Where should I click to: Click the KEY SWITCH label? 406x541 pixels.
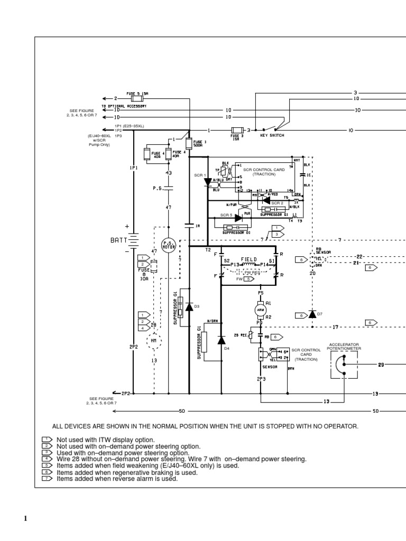click(x=272, y=136)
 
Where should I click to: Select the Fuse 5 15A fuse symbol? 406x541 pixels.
click(x=137, y=99)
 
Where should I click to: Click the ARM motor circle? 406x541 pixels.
click(x=260, y=310)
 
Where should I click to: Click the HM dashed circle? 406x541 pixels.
click(x=154, y=340)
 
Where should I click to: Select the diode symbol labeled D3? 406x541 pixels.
click(x=189, y=306)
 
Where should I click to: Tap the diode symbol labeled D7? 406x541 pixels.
click(x=312, y=314)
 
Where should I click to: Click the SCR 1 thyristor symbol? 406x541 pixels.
click(x=208, y=181)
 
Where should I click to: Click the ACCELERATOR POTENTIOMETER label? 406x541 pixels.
click(x=344, y=347)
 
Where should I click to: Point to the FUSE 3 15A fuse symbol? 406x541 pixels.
click(x=237, y=129)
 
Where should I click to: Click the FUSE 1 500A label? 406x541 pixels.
click(x=199, y=144)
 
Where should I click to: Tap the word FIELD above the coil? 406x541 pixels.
click(x=249, y=259)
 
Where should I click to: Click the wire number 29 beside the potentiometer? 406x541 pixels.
click(x=380, y=364)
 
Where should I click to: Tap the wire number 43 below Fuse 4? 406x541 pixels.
click(x=168, y=173)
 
